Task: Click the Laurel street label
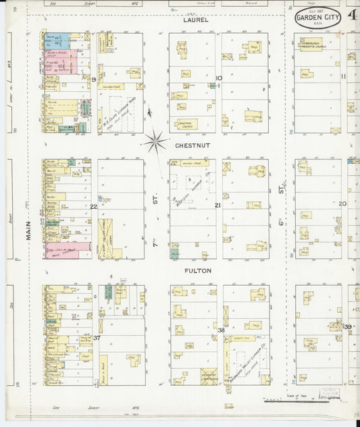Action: [195, 20]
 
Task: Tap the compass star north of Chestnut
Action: [155, 141]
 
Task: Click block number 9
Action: [93, 79]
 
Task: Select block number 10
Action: [218, 78]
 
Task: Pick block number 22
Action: [94, 206]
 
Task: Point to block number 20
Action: [342, 203]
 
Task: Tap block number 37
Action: [97, 337]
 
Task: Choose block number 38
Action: [221, 329]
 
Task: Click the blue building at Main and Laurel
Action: [52, 40]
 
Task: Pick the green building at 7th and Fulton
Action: [174, 253]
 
